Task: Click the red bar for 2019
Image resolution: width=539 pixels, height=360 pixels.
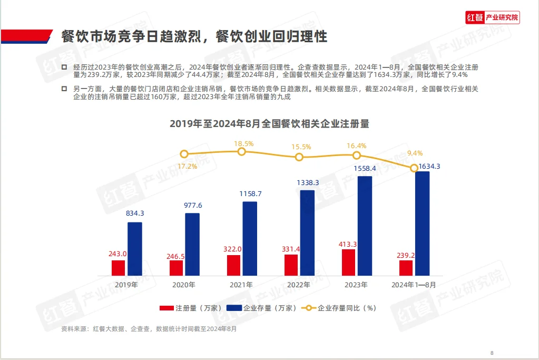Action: coord(119,268)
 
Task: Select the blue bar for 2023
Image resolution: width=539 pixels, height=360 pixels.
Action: coord(365,226)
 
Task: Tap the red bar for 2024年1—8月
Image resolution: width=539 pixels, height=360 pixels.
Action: coord(406,268)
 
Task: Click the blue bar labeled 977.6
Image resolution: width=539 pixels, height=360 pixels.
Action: coord(192,244)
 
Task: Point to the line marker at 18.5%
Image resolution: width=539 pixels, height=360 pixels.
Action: coord(241,151)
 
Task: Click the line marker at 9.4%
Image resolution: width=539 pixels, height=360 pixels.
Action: coord(414,168)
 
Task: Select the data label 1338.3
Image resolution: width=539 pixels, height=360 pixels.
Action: coord(307,182)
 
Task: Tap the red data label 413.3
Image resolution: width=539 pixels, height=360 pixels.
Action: coord(349,244)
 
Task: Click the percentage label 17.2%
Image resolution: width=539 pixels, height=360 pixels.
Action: coord(188,166)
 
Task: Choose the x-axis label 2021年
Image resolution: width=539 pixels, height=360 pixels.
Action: coord(241,285)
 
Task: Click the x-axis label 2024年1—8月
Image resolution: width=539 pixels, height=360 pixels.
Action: coord(414,285)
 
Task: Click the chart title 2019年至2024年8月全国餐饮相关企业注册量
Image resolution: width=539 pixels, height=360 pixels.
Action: coord(269,124)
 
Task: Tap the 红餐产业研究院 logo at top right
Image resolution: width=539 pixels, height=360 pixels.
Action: coord(492,17)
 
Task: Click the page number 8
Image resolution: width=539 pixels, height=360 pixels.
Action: coord(492,353)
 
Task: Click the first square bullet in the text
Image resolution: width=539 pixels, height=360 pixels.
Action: coord(64,67)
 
